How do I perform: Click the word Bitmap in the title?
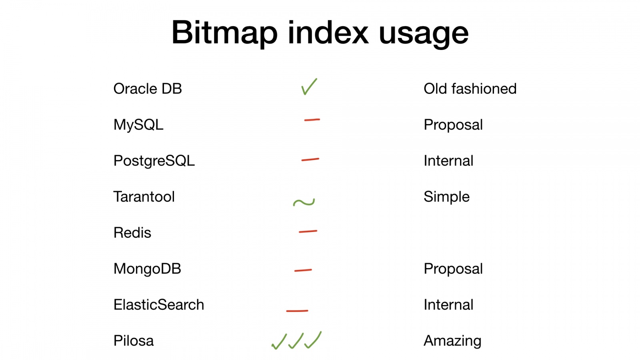(224, 33)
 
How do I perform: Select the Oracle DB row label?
(148, 88)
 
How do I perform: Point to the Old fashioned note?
(470, 88)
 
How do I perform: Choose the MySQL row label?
(138, 125)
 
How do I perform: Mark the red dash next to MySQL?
(312, 120)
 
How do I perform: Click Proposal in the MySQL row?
(453, 125)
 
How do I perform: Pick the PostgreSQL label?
(154, 160)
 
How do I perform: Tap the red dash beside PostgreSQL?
(310, 160)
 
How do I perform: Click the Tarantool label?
(144, 196)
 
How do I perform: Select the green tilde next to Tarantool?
(304, 202)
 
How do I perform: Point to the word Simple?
(446, 197)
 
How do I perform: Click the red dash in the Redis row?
(308, 232)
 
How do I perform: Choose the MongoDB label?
(147, 268)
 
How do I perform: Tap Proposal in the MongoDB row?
(453, 269)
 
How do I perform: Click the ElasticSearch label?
(159, 304)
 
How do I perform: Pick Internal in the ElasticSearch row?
(448, 304)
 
